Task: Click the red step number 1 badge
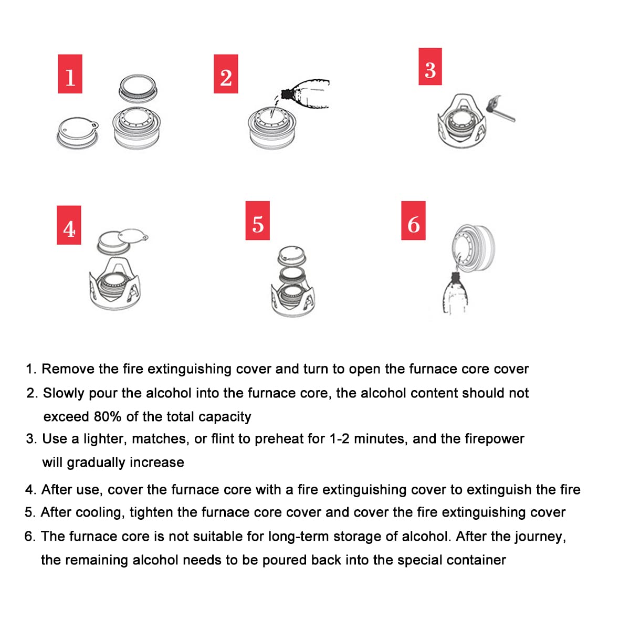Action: (x=70, y=74)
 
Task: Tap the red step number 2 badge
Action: (x=226, y=74)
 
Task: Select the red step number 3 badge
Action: (x=430, y=67)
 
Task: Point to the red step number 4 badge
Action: (x=69, y=225)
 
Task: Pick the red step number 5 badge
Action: (x=257, y=220)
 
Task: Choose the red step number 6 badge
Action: (x=413, y=220)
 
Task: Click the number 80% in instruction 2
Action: (x=108, y=417)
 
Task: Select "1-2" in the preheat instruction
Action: (x=339, y=439)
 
